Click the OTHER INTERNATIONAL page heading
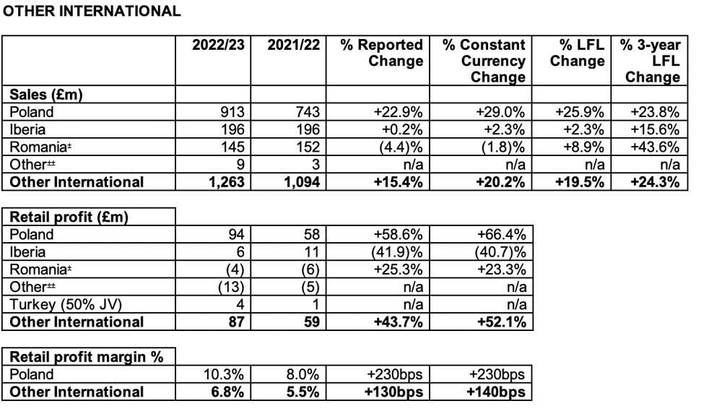(92, 11)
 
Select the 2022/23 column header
(218, 45)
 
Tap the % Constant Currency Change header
(484, 61)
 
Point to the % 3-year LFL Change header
(651, 61)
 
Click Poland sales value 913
(232, 112)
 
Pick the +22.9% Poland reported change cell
(399, 112)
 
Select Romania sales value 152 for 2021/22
(308, 147)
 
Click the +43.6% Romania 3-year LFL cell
(655, 147)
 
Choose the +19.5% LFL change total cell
(580, 182)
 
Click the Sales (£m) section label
(46, 95)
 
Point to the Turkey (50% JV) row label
(66, 304)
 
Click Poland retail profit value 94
(236, 234)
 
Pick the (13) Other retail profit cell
(231, 287)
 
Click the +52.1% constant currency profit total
(502, 322)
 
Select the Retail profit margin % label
(87, 357)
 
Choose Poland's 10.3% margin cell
(224, 374)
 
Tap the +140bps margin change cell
(495, 392)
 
